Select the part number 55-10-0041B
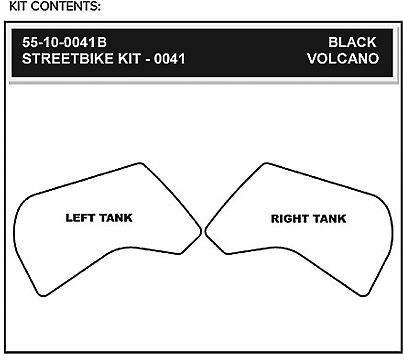click(64, 42)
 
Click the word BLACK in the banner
click(352, 42)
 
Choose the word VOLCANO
click(343, 59)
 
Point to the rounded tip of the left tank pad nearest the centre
click(201, 231)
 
